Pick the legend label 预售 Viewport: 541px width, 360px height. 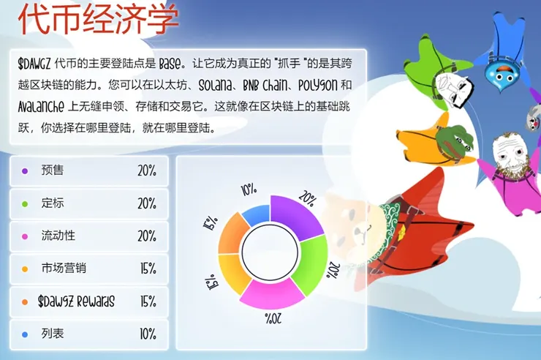(53, 170)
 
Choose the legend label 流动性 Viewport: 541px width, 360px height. (58, 236)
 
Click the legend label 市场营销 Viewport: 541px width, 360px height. (64, 269)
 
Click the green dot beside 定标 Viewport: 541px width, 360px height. (25, 203)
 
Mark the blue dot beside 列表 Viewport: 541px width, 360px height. (25, 334)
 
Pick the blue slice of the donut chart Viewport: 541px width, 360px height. (254, 215)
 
